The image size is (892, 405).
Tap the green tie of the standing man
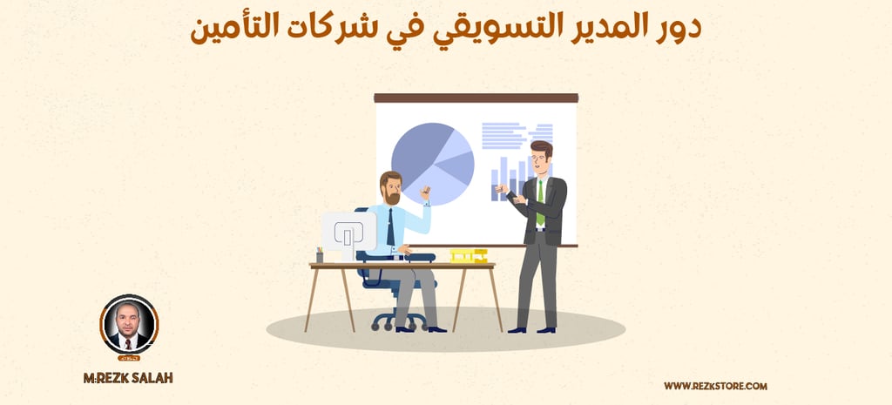tap(540, 201)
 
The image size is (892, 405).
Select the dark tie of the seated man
tap(390, 226)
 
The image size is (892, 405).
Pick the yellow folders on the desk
tap(468, 255)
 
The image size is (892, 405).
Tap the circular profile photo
tap(129, 325)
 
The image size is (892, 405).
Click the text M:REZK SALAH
tap(129, 378)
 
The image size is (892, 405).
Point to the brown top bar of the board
tap(476, 98)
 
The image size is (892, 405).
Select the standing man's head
tap(541, 157)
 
